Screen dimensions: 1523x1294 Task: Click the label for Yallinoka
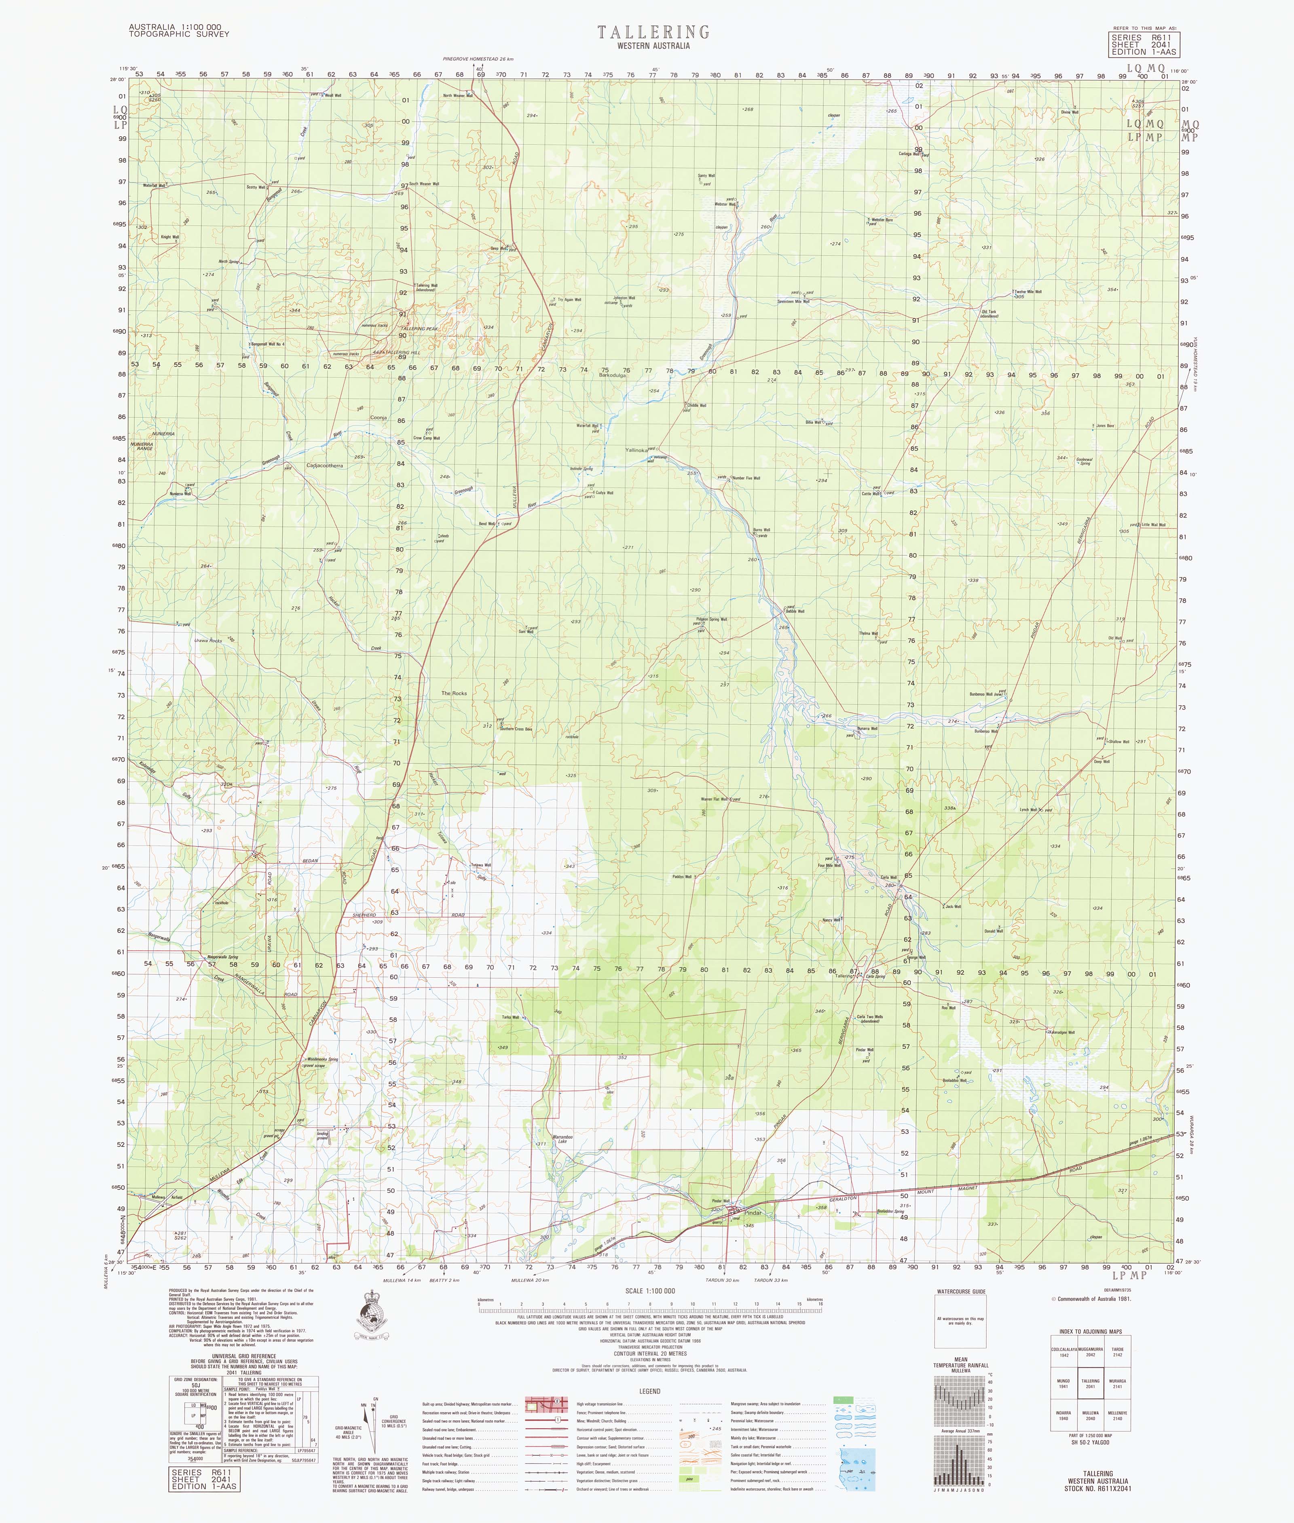point(635,450)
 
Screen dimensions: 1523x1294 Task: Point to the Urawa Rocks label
point(207,641)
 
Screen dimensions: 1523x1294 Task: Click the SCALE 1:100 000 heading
point(650,1290)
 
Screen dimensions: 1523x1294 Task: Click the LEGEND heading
point(649,1391)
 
